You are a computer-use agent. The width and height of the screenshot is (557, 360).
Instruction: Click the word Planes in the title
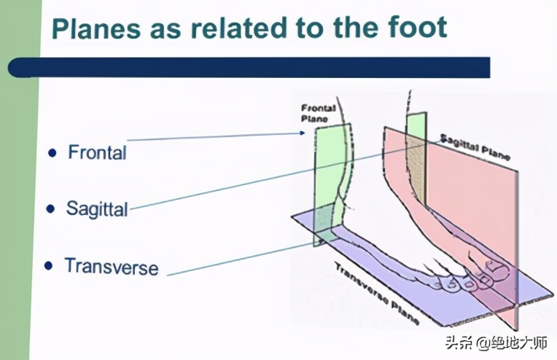pos(96,28)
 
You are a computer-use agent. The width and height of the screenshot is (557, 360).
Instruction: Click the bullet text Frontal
pos(97,152)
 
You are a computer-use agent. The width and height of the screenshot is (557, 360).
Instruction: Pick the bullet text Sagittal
pos(97,208)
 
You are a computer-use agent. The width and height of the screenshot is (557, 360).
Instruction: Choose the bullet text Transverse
pos(112,267)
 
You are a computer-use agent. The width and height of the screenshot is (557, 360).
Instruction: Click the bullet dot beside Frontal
pos(52,153)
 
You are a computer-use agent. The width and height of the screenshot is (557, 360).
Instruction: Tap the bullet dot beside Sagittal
pos(51,208)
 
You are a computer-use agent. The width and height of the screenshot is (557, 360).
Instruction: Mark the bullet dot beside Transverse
pos(49,266)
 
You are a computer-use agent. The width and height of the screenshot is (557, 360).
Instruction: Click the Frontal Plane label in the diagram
pos(318,113)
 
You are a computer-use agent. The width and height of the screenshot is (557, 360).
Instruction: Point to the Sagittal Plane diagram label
pos(475,146)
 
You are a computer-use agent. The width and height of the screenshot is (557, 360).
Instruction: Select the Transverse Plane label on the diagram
pos(377,293)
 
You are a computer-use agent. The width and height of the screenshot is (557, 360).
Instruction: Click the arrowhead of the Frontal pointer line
pos(303,133)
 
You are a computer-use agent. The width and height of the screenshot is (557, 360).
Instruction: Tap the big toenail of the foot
pos(494,265)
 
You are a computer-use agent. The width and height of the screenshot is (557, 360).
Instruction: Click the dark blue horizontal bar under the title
pos(249,67)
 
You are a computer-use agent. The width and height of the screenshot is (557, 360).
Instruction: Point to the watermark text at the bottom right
pos(496,343)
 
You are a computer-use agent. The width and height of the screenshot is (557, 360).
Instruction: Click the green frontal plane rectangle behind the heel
pos(332,184)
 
